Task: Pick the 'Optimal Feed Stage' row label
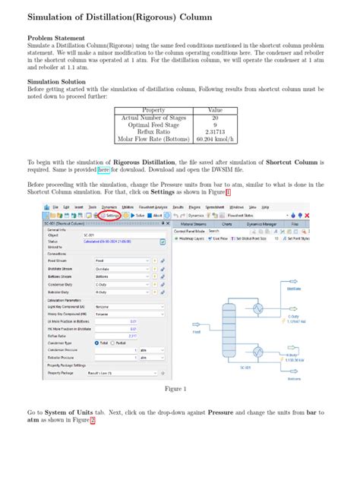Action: tap(154, 125)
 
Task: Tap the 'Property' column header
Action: tap(154, 110)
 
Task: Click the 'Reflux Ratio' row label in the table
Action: tap(154, 131)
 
